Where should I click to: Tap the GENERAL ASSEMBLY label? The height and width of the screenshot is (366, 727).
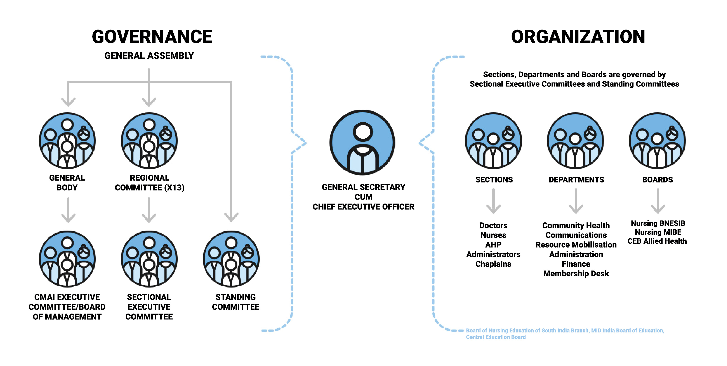point(149,56)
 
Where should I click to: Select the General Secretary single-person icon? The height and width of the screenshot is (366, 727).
point(363,142)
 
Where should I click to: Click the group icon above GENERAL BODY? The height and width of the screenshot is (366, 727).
point(67,141)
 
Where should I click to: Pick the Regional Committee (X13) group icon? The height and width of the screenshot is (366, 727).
point(149,141)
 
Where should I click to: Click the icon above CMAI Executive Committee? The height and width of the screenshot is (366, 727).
point(67,259)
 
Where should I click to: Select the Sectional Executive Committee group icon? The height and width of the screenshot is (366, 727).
point(149,259)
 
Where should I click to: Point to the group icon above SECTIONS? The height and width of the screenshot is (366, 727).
point(493,141)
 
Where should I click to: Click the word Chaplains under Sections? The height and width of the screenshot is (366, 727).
point(493,264)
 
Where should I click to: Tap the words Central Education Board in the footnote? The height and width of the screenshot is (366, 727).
point(496,337)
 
